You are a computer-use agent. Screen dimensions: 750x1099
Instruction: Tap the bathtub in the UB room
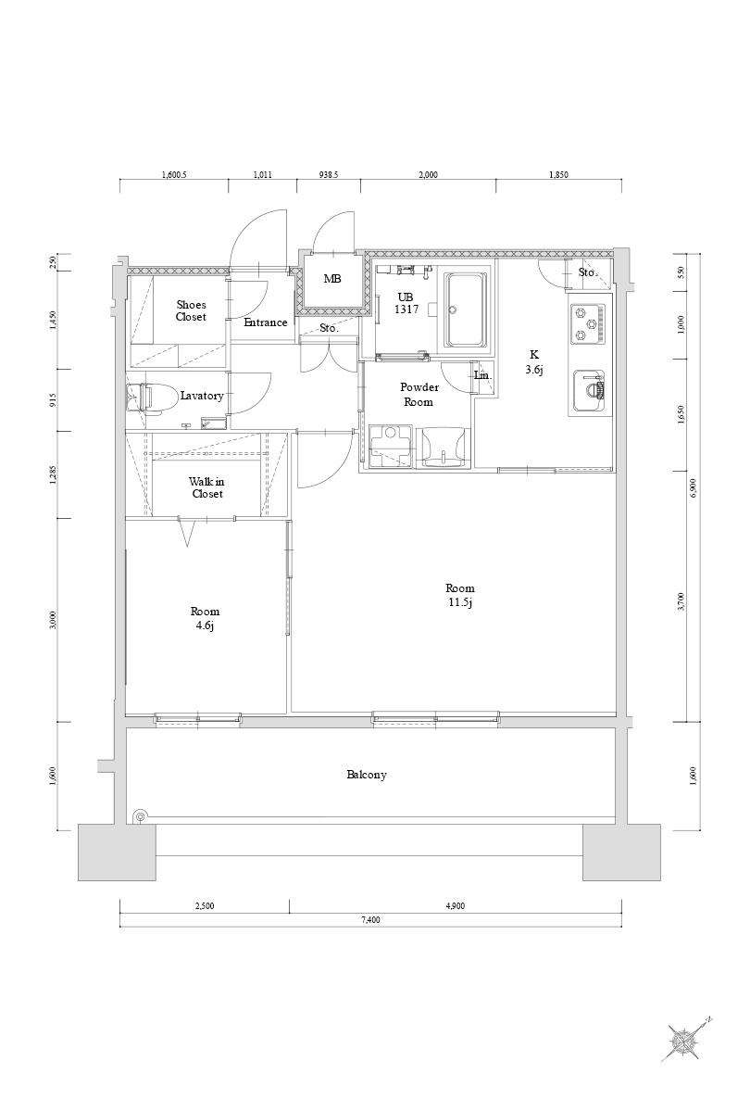(466, 309)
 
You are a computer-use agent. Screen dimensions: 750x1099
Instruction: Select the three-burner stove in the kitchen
(588, 323)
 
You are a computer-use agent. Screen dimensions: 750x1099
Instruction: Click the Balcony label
(367, 775)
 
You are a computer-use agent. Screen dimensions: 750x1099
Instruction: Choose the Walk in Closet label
(207, 487)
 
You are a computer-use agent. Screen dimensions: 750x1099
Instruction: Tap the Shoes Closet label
(191, 310)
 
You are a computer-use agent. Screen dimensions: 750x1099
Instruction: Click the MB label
(331, 279)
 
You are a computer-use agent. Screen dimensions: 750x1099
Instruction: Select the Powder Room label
(419, 395)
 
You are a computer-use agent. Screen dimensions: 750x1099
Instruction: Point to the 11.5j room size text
(460, 602)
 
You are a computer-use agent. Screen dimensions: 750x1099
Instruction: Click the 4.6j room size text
(205, 625)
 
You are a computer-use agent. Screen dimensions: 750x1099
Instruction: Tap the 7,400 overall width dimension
(370, 920)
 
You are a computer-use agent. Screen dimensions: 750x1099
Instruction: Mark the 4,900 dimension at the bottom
(456, 905)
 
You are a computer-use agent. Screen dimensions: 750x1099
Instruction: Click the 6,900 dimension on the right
(694, 487)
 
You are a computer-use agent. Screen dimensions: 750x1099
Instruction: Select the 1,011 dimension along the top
(262, 175)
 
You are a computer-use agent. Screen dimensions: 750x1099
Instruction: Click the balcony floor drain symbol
(140, 816)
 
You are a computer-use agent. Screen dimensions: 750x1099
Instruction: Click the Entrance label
(266, 322)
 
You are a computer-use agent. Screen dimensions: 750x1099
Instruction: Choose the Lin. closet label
(483, 375)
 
